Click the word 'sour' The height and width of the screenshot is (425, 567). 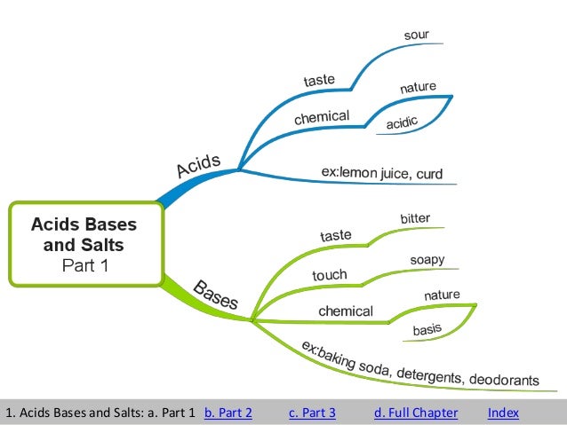[416, 35]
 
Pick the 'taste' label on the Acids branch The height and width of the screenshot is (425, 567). [319, 81]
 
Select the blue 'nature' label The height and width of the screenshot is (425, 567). [417, 87]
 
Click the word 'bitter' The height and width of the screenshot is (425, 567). [415, 218]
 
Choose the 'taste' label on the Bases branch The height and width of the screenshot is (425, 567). [336, 235]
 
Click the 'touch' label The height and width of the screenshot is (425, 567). [329, 276]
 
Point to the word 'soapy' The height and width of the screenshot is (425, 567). [427, 260]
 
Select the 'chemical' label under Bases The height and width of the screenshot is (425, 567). [346, 311]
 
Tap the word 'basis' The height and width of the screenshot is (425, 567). [427, 330]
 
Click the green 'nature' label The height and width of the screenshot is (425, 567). [442, 295]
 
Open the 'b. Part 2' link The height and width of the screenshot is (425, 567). [228, 413]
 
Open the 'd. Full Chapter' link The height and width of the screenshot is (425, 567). [415, 413]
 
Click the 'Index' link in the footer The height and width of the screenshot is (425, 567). [503, 413]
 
